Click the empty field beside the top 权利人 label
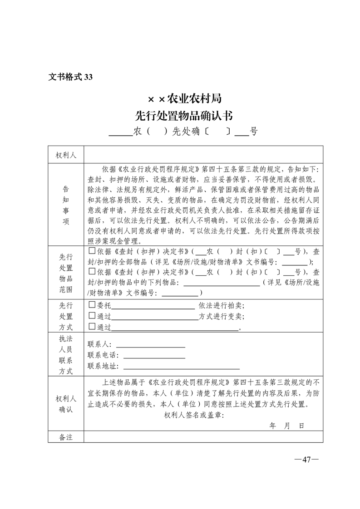[x=203, y=155]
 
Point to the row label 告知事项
[x=66, y=205]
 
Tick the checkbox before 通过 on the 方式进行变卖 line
[x=92, y=315]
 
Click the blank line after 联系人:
[x=151, y=346]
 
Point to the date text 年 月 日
[x=286, y=426]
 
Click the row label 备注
[x=66, y=437]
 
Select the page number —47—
[x=306, y=459]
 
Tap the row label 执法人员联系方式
[x=66, y=355]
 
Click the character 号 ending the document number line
[x=254, y=132]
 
